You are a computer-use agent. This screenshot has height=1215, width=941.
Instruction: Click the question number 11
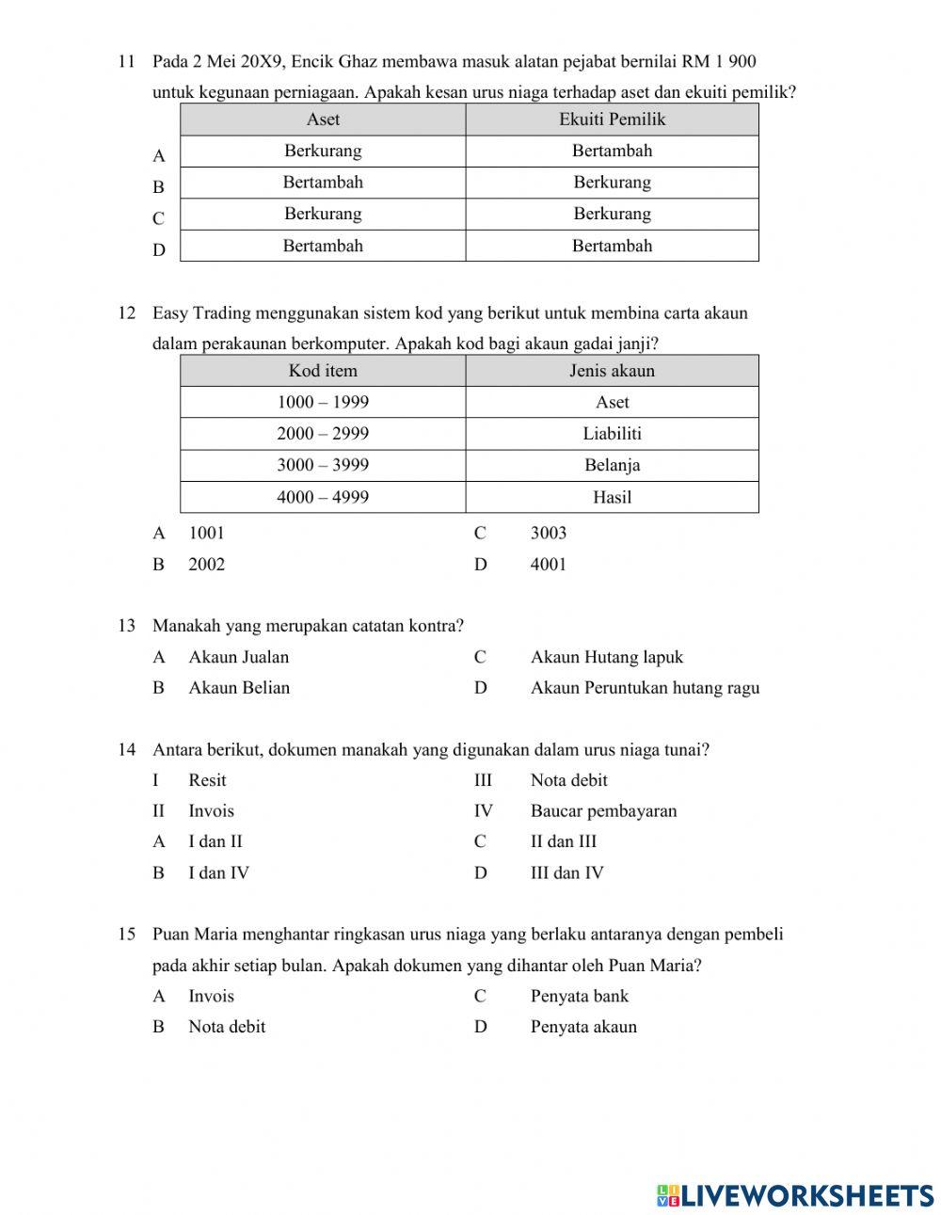(126, 62)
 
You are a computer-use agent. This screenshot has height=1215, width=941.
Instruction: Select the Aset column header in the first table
(323, 120)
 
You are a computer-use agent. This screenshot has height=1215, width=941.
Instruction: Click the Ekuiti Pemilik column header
(612, 120)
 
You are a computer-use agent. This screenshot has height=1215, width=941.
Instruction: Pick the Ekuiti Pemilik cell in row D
(612, 246)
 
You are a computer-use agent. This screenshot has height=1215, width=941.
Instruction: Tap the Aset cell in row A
(323, 151)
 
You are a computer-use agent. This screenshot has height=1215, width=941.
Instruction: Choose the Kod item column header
(323, 371)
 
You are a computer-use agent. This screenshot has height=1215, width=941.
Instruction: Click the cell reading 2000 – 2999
(323, 434)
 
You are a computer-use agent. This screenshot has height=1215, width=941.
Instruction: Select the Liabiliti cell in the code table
(612, 434)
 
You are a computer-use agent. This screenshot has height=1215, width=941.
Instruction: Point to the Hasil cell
(612, 497)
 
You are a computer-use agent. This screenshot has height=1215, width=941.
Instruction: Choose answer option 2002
(206, 565)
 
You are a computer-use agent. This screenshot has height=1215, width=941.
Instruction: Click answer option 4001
(548, 565)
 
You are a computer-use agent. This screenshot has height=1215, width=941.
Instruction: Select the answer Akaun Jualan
(238, 657)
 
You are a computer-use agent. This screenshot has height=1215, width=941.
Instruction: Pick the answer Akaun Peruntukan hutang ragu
(645, 688)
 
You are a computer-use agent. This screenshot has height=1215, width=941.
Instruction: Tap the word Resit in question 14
(207, 780)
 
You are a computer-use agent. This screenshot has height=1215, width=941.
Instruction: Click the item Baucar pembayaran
(603, 811)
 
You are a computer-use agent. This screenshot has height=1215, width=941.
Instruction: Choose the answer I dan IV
(218, 873)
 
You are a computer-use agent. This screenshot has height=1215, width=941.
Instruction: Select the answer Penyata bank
(579, 997)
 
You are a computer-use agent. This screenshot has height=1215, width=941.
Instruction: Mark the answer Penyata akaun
(583, 1027)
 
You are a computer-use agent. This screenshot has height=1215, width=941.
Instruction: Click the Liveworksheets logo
(795, 1195)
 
